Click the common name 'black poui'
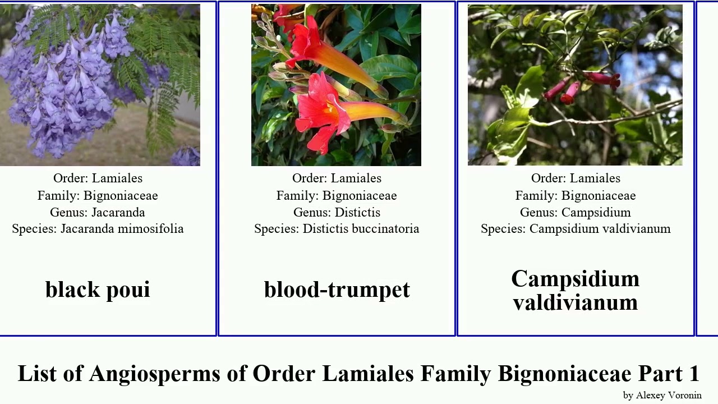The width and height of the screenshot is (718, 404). point(98,290)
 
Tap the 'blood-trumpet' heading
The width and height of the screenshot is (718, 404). point(337,290)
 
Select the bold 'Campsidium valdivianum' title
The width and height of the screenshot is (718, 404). point(575,291)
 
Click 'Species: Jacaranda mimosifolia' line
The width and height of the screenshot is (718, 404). point(98,229)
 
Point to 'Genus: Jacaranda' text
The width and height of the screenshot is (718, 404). point(98,213)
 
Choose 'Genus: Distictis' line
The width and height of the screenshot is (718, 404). point(337,213)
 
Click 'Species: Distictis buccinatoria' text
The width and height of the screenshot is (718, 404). point(337,229)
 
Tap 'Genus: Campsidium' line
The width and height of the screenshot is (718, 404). point(575,213)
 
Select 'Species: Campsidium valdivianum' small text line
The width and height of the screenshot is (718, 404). point(575,229)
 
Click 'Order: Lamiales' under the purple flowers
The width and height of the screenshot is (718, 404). point(98,178)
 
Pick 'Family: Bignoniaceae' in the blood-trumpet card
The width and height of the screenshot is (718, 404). point(337,196)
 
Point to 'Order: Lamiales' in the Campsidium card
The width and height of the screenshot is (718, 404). point(575,178)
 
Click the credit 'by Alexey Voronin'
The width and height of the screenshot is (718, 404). point(662,395)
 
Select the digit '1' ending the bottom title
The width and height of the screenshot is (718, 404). point(694,374)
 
